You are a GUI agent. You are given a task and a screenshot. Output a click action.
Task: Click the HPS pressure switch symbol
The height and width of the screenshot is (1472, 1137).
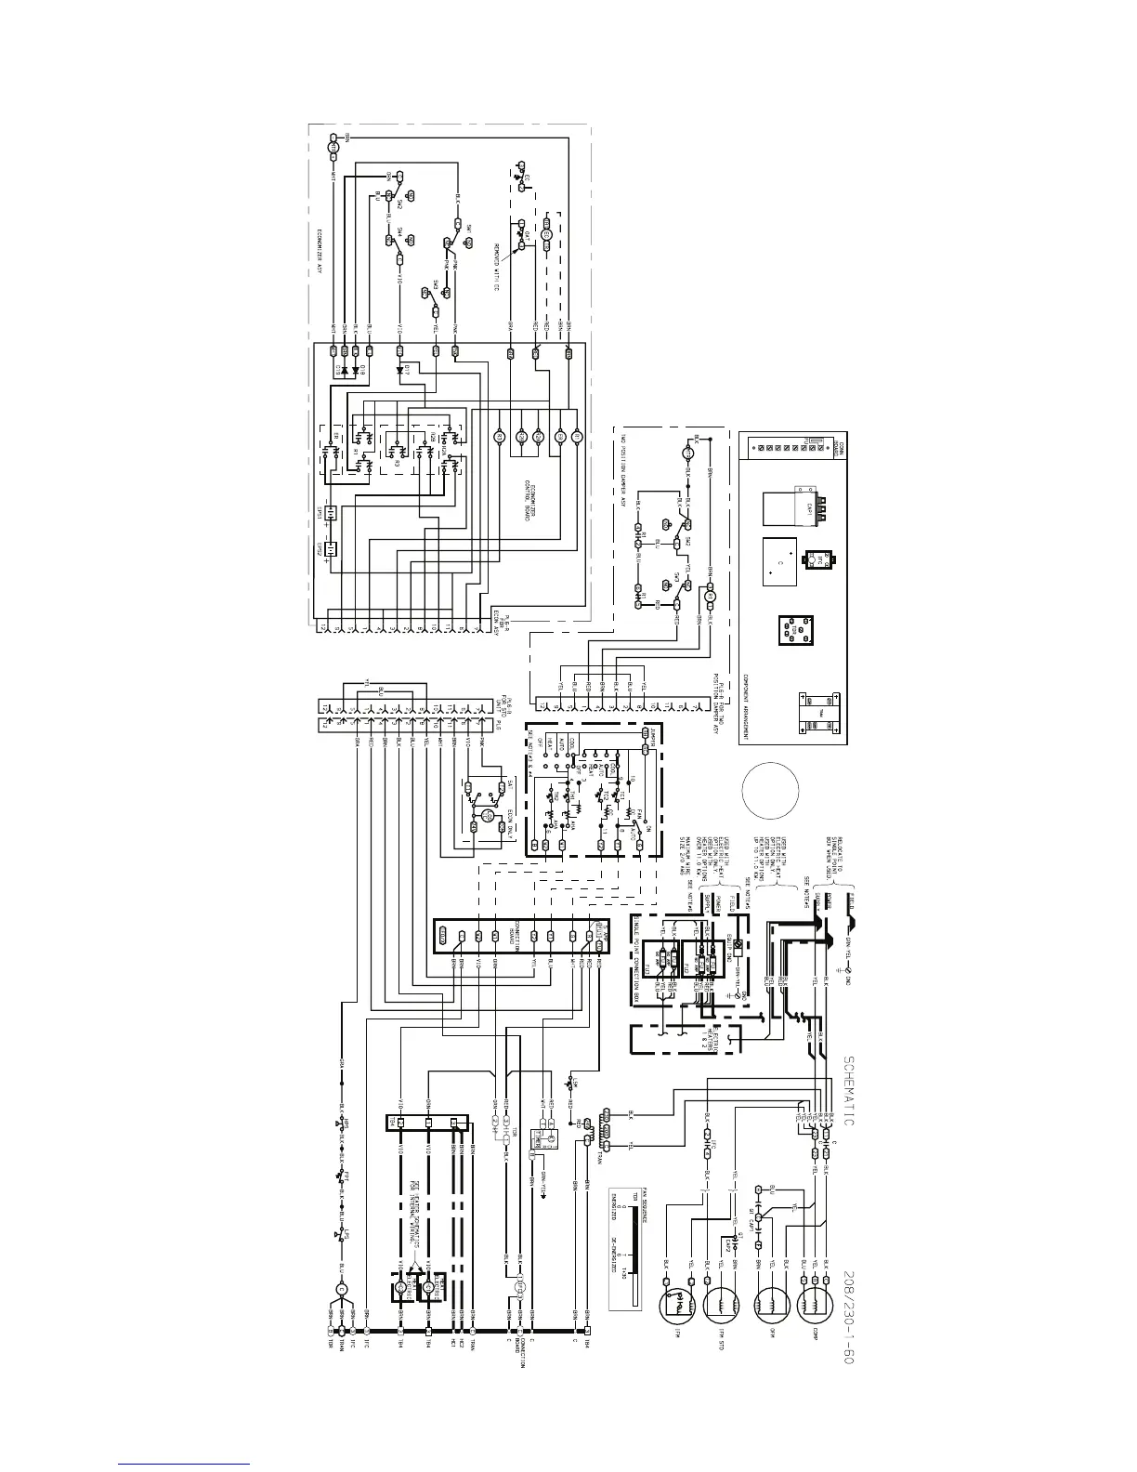coord(343,1124)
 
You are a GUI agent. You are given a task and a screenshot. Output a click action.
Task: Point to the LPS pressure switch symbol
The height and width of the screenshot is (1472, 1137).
coord(343,1237)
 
